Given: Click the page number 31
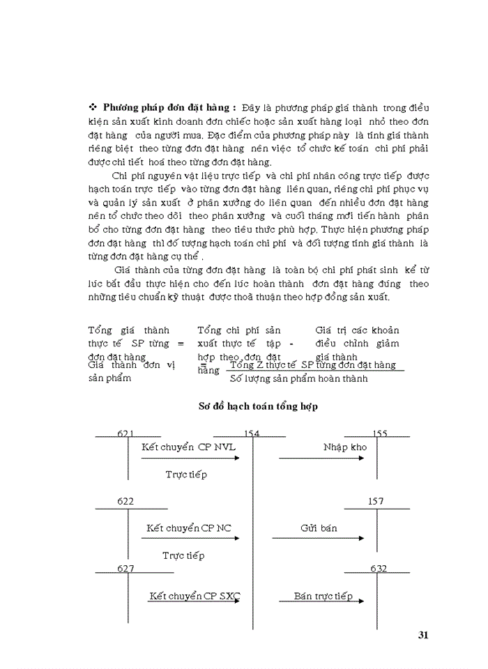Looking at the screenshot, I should click(422, 634).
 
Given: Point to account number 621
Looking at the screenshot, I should click(126, 434).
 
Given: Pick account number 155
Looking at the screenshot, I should click(380, 434).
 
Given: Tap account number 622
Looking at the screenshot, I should click(126, 501).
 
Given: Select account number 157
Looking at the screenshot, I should click(374, 501).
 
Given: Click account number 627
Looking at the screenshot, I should click(126, 569).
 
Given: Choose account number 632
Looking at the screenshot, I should click(379, 569).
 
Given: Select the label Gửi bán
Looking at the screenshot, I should click(319, 528).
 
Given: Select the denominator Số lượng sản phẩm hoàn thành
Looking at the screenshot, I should click(298, 378).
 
